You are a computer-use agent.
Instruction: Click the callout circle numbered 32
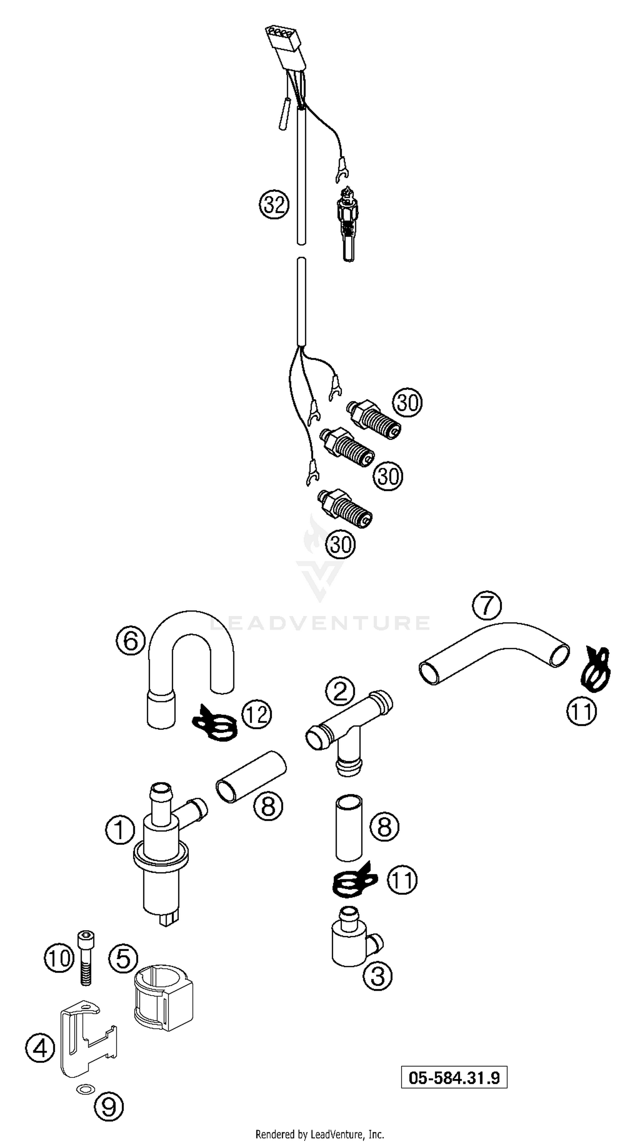(274, 205)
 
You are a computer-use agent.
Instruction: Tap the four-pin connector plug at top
(284, 44)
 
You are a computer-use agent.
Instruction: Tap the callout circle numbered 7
(486, 605)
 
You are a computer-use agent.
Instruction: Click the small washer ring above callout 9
(85, 1088)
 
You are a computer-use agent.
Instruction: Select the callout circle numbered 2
(340, 691)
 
